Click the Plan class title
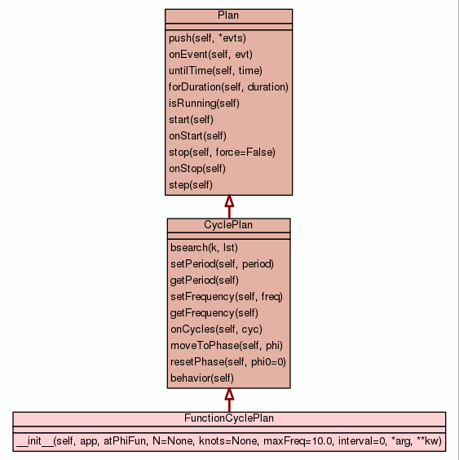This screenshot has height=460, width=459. pos(228,15)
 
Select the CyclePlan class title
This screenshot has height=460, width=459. pos(228,225)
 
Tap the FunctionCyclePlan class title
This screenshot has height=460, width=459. pos(229,418)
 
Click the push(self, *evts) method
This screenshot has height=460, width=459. pos(207,38)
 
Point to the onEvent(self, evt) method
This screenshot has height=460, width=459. pos(210,55)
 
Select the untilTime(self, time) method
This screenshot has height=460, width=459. pos(215,71)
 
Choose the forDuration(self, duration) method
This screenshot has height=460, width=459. pos(228,87)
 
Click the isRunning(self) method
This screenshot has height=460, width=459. pos(204,104)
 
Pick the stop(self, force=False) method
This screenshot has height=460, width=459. pos(222,153)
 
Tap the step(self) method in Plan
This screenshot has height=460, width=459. pos(191,185)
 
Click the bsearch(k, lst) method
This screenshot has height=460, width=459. pos(204,248)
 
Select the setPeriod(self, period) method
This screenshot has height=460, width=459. pos(222,264)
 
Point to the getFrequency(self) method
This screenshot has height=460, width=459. pos(214,313)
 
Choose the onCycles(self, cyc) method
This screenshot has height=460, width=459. pos(216,330)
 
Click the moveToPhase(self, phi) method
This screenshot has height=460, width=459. pos(227,346)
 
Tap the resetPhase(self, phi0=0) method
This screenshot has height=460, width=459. pos(228,362)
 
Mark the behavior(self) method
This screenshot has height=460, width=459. pos(202,378)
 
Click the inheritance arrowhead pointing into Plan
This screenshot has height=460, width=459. pos(229,201)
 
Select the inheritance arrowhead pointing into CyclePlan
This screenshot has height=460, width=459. pos(229,395)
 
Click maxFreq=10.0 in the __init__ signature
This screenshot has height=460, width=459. pos(298,441)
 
